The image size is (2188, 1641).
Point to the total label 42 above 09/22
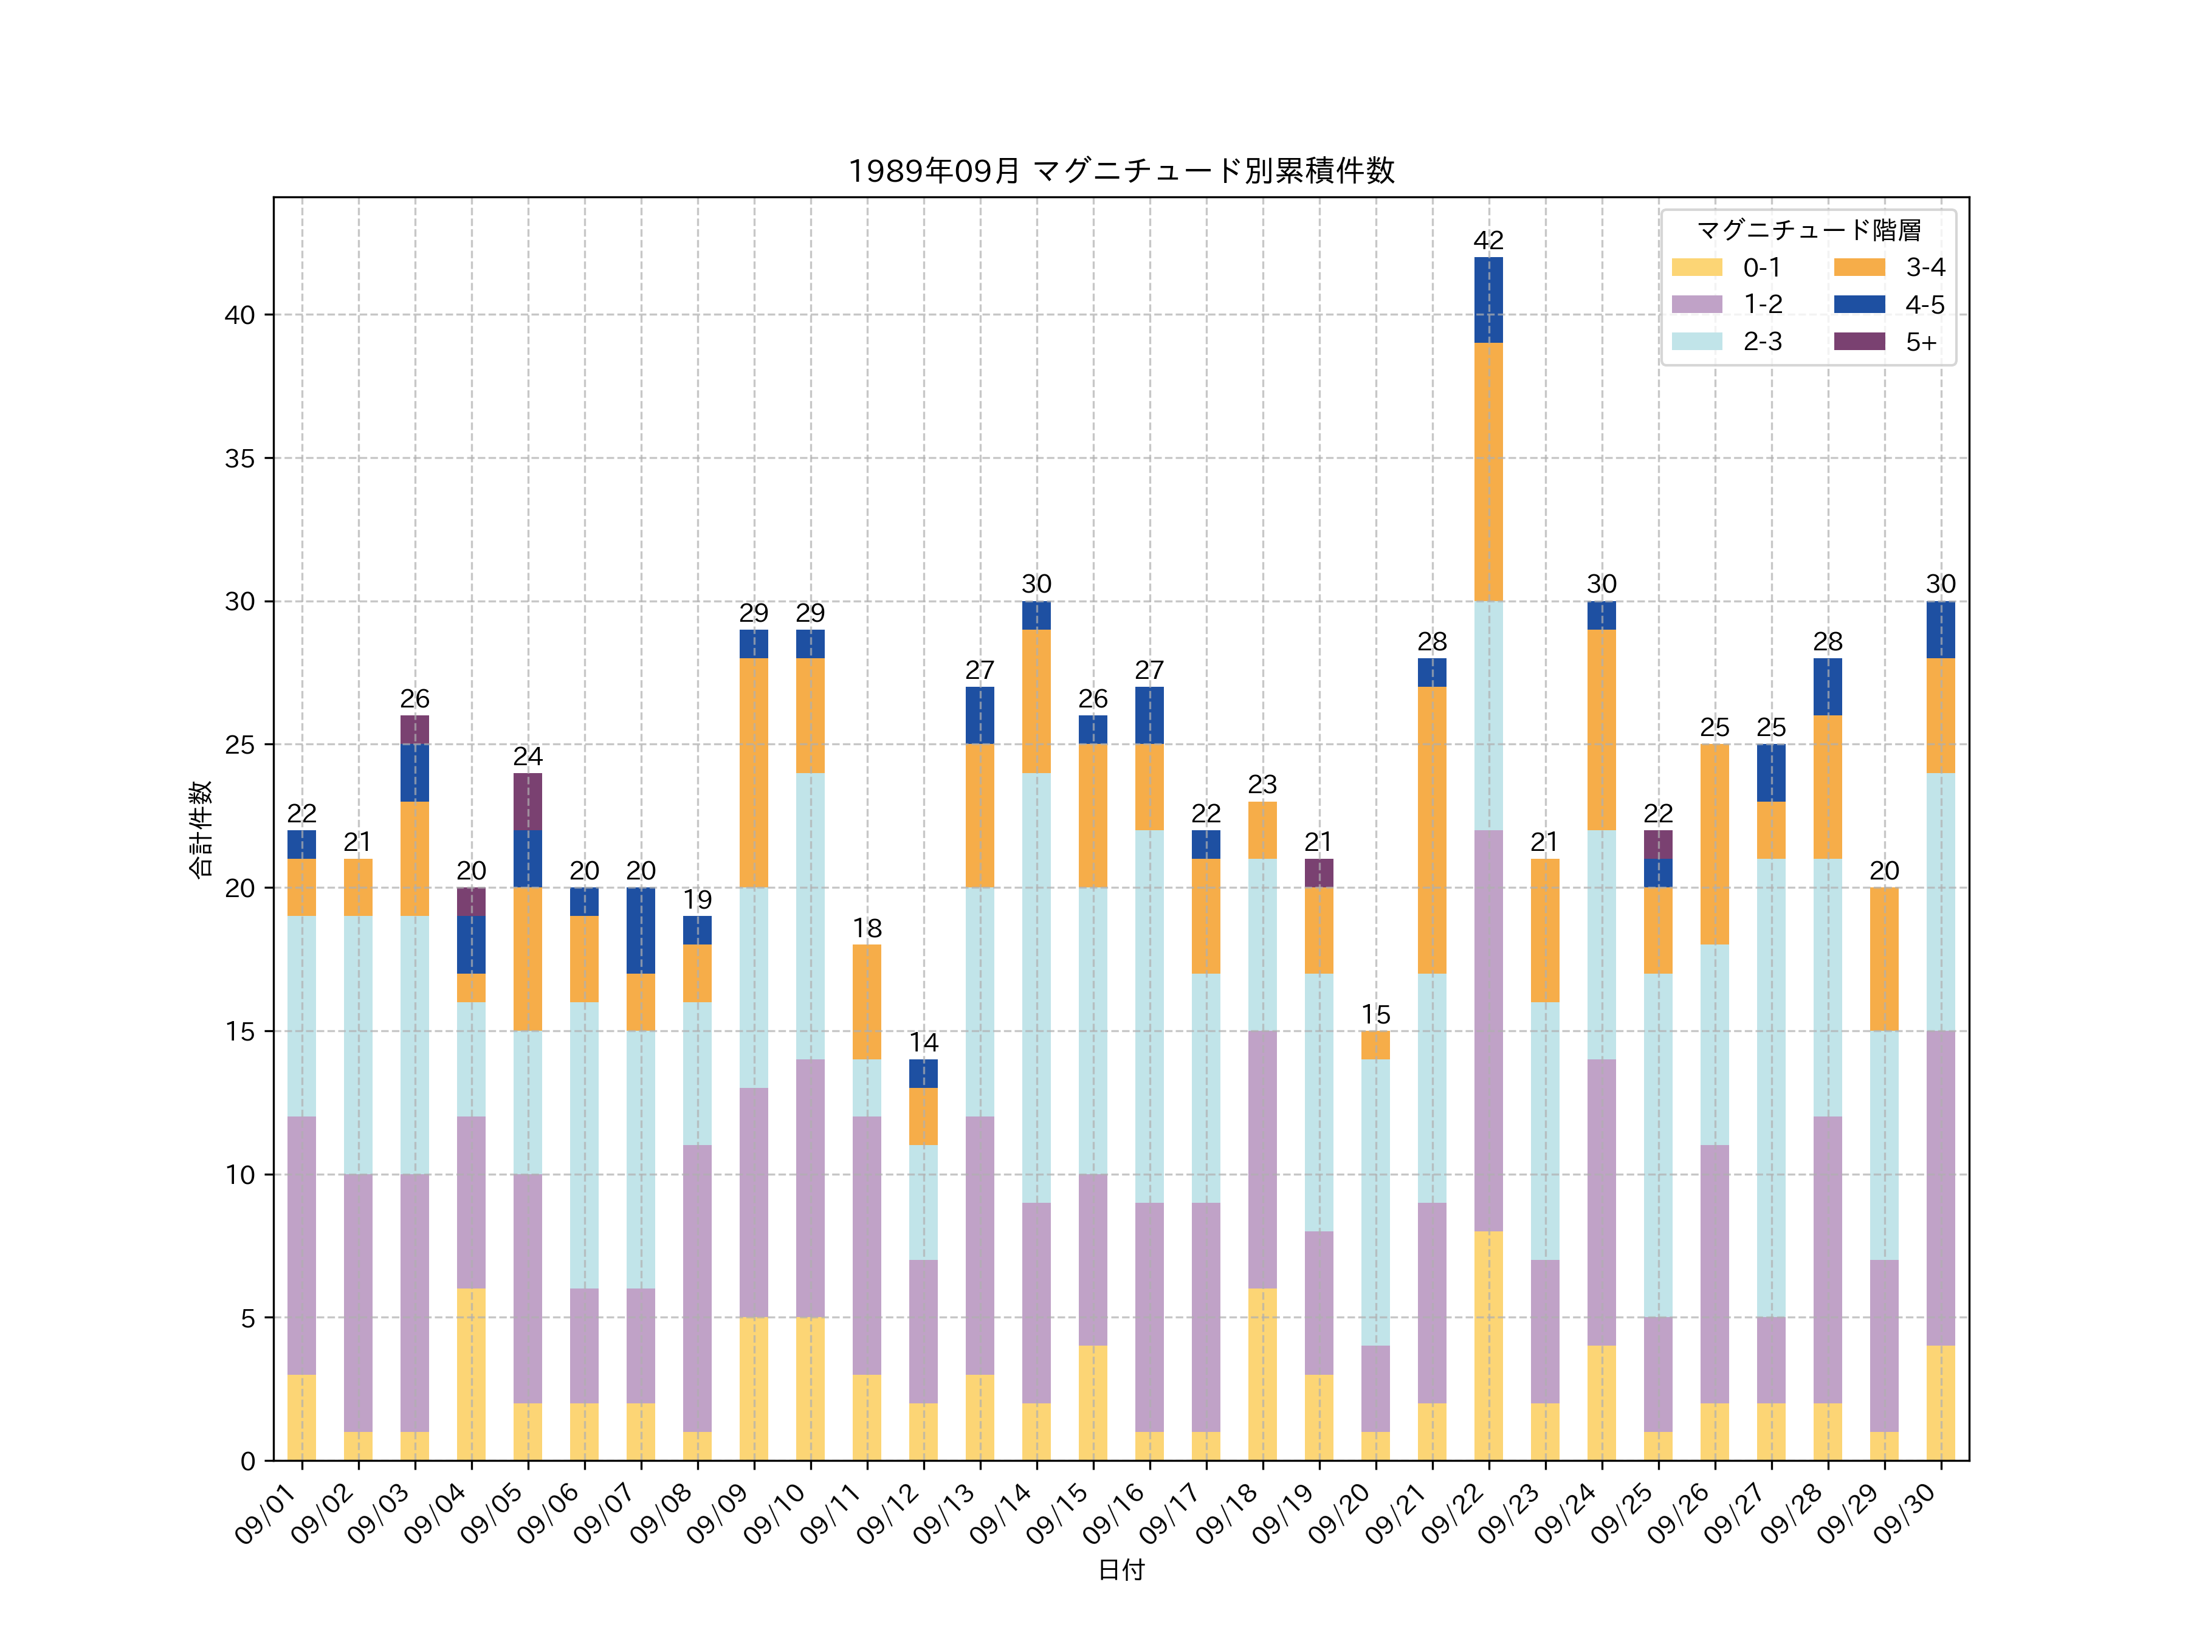click(x=1488, y=240)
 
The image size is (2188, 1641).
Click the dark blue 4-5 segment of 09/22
click(x=1488, y=300)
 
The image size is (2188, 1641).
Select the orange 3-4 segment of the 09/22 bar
click(x=1488, y=472)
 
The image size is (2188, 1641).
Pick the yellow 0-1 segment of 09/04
click(x=471, y=1374)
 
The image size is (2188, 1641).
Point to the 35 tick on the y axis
click(x=239, y=458)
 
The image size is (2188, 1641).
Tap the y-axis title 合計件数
click(x=200, y=829)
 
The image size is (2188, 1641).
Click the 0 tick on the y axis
click(x=247, y=1461)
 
